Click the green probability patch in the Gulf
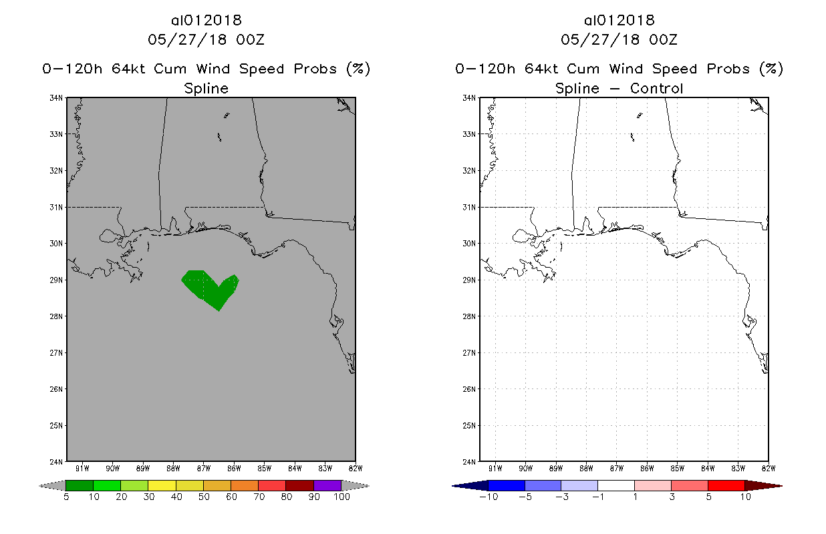209,288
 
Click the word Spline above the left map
206,88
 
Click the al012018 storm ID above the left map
206,20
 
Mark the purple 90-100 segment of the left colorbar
327,485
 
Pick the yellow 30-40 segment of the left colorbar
162,485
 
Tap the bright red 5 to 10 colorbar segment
726,485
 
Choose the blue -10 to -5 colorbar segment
507,485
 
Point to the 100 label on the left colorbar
341,497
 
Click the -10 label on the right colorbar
489,497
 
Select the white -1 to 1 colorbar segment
616,485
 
